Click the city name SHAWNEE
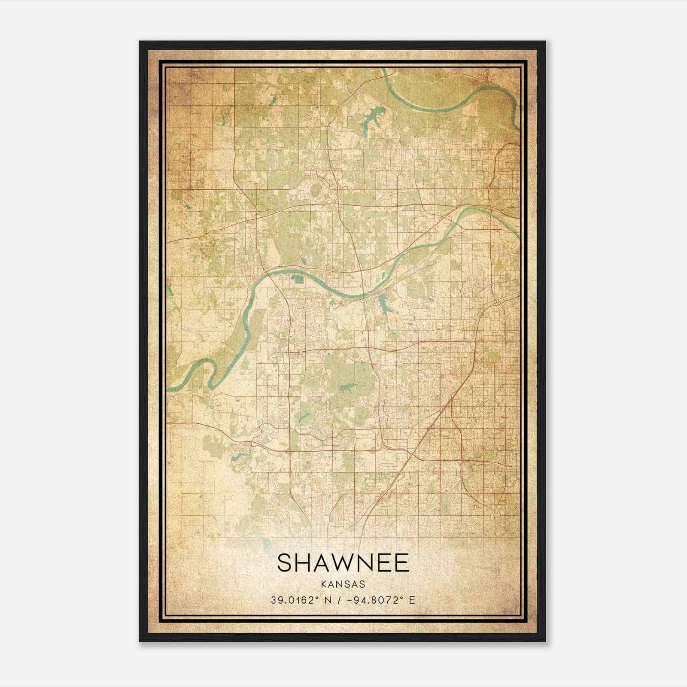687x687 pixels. tap(343, 562)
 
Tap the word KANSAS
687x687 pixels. tap(343, 584)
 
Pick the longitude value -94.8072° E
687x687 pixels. tap(378, 600)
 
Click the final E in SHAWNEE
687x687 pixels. tap(401, 562)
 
